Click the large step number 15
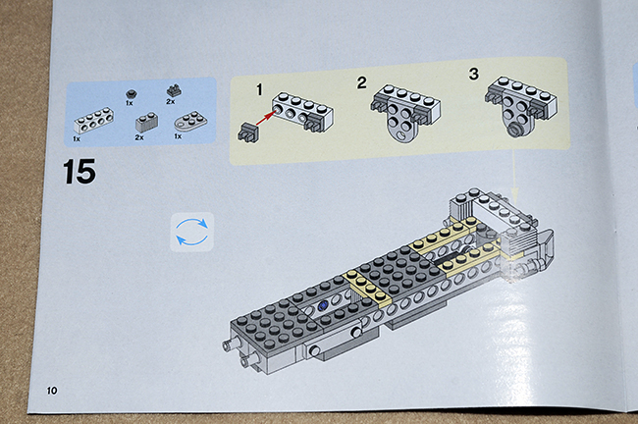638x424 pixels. tap(80, 172)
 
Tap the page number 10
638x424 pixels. tap(52, 391)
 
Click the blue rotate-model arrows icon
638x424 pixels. tap(191, 232)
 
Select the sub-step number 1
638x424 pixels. tap(259, 89)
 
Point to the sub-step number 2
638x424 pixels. tap(361, 82)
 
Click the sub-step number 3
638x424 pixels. tap(474, 74)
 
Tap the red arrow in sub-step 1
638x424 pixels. tap(264, 117)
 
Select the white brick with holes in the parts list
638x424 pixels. tap(94, 121)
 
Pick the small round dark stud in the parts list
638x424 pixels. tap(131, 94)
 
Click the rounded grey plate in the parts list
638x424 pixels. tap(190, 121)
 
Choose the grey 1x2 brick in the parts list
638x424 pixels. tap(147, 122)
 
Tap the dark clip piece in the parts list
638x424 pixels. tap(174, 90)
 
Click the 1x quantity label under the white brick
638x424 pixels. tap(77, 138)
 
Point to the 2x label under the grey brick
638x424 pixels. tap(139, 137)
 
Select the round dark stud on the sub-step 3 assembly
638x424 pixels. tap(516, 131)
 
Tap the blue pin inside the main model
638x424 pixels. tap(324, 305)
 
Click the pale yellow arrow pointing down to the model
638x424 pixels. tap(515, 177)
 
